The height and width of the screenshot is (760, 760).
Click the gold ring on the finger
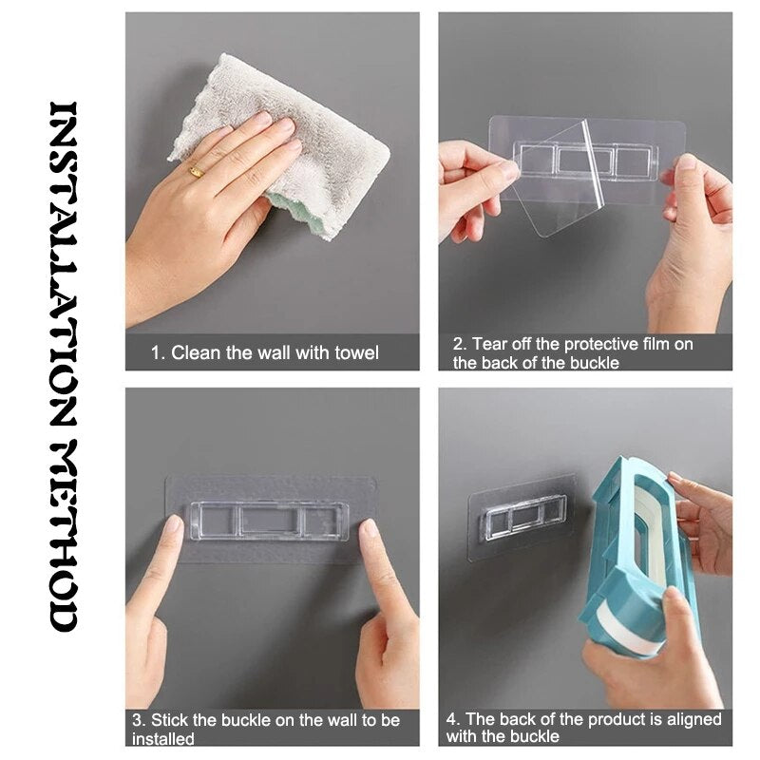pyautogui.click(x=196, y=171)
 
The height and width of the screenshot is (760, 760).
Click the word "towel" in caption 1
pyautogui.click(x=355, y=353)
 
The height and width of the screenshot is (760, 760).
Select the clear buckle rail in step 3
pyautogui.click(x=268, y=521)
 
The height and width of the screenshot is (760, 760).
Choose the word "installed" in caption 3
pyautogui.click(x=162, y=738)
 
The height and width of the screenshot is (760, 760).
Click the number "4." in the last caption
pyautogui.click(x=453, y=719)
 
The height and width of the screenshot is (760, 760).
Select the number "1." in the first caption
pyautogui.click(x=159, y=353)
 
